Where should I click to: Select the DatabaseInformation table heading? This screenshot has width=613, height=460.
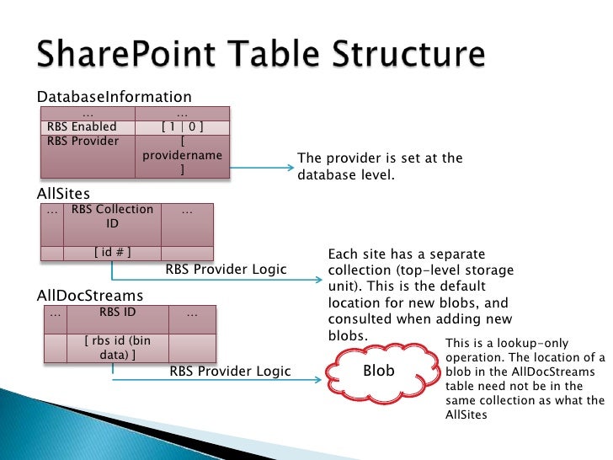coord(115,97)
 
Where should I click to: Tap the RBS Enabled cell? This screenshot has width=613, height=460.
coord(82,127)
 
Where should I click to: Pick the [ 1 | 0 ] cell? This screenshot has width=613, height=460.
coord(182,127)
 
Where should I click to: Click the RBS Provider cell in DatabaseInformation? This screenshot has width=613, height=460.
coord(83,141)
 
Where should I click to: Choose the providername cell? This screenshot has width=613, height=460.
coord(182,156)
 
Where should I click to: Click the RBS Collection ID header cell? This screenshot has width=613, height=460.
coord(113,217)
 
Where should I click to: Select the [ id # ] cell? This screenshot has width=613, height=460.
coord(112,252)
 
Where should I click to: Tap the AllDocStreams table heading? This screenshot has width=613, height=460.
coord(90,296)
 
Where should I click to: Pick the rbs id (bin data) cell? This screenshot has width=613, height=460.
coord(117,347)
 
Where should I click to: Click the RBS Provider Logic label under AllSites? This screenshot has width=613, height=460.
coord(226,270)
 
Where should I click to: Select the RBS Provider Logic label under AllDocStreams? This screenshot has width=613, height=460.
coord(230,371)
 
